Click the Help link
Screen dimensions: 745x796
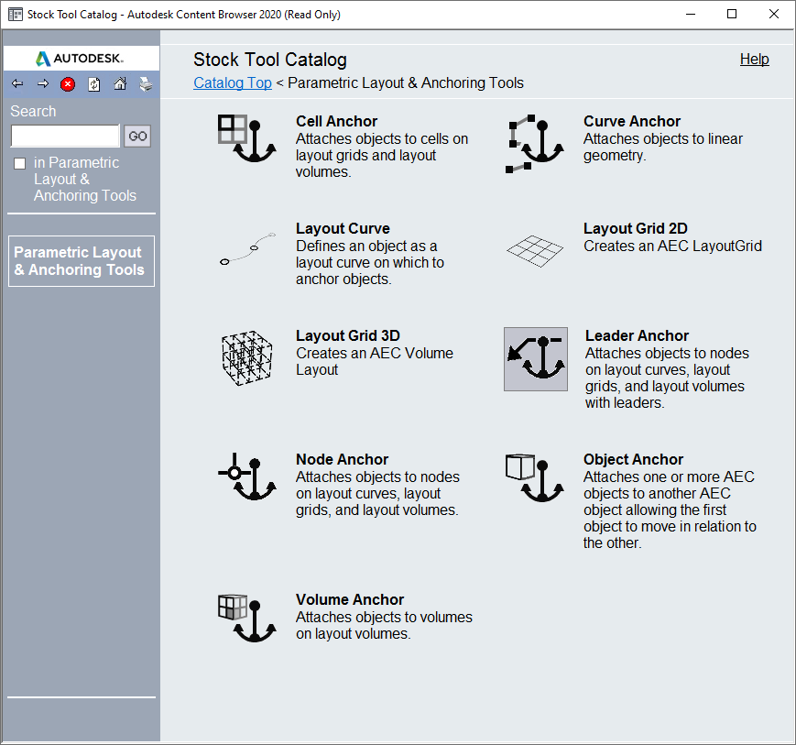pyautogui.click(x=754, y=60)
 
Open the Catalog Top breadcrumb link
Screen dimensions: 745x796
pyautogui.click(x=233, y=83)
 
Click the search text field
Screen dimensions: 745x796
pyautogui.click(x=65, y=137)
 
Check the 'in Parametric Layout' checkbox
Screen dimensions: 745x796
pyautogui.click(x=20, y=164)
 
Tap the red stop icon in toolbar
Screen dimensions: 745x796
pyautogui.click(x=68, y=84)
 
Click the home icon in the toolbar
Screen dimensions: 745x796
pyautogui.click(x=120, y=84)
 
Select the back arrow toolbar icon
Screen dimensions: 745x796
pyautogui.click(x=17, y=84)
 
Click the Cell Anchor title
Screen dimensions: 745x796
pyautogui.click(x=336, y=121)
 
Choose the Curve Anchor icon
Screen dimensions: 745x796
pyautogui.click(x=535, y=144)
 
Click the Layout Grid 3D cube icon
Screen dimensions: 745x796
pyautogui.click(x=247, y=356)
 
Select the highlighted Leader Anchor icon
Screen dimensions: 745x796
pyautogui.click(x=536, y=359)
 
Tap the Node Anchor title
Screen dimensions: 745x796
pyautogui.click(x=342, y=459)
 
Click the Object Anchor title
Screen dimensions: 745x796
pyautogui.click(x=633, y=459)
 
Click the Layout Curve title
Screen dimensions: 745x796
pyautogui.click(x=342, y=229)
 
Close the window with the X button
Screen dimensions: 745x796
pyautogui.click(x=773, y=14)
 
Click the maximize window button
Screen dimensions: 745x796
pyautogui.click(x=732, y=14)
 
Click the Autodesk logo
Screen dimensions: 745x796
pyautogui.click(x=81, y=59)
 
